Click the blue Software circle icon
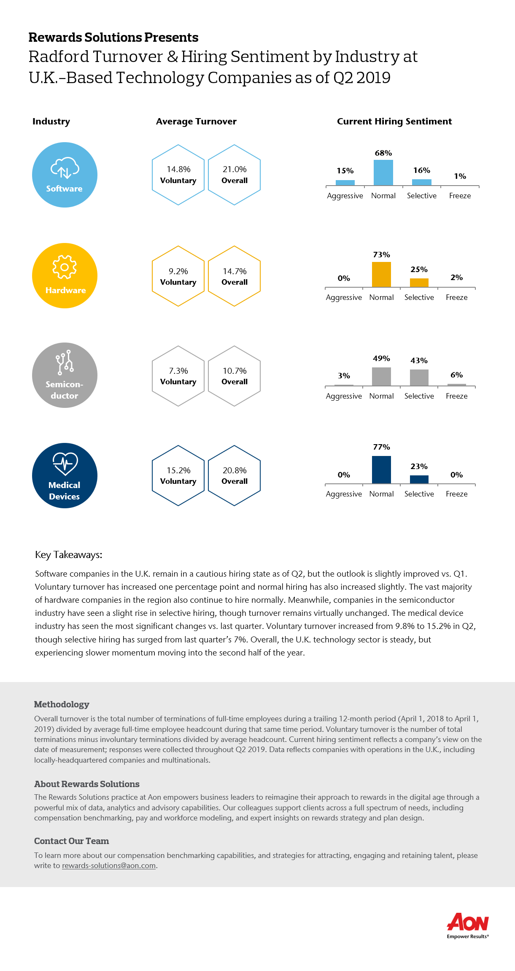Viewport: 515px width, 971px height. click(65, 175)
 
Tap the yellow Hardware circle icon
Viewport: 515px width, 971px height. click(65, 275)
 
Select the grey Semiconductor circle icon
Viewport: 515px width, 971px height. click(65, 375)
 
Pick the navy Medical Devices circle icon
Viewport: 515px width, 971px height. click(65, 475)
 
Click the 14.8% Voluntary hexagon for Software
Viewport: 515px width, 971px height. click(178, 175)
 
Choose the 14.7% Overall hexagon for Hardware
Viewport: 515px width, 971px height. click(235, 276)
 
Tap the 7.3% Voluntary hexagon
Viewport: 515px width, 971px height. click(178, 376)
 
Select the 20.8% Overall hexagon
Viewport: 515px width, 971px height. click(235, 475)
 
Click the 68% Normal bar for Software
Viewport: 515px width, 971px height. click(383, 173)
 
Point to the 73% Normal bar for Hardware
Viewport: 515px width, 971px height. click(381, 275)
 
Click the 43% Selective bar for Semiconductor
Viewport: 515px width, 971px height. click(419, 378)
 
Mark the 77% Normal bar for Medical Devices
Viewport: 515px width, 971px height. click(381, 470)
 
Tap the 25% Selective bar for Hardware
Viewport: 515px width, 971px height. click(419, 283)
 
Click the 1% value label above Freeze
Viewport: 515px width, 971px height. click(460, 176)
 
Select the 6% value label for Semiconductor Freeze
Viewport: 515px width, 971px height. click(457, 375)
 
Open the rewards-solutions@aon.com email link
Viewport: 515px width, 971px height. click(109, 866)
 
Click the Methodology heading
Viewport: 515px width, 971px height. click(62, 704)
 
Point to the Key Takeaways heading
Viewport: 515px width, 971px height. click(69, 555)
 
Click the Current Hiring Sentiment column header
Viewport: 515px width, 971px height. click(394, 121)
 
